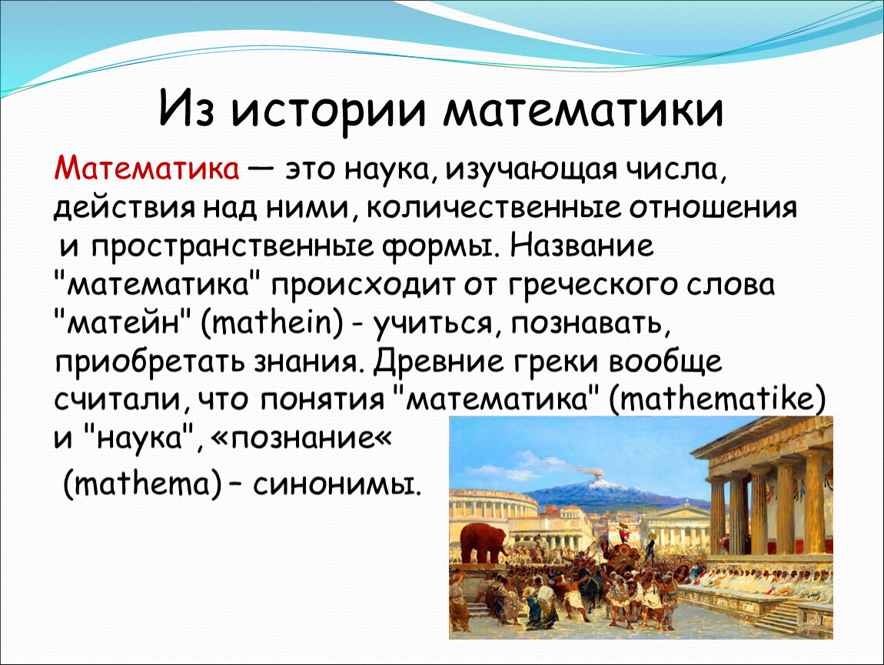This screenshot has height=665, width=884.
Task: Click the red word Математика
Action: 147,169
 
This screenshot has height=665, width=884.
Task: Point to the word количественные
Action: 494,209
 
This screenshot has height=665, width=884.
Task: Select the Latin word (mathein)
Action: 272,324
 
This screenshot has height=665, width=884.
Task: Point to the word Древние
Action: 438,361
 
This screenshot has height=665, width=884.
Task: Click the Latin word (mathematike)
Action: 717,399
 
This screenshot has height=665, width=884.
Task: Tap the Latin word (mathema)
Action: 141,484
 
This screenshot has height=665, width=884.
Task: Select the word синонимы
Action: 337,484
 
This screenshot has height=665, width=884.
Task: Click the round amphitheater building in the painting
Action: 493,506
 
